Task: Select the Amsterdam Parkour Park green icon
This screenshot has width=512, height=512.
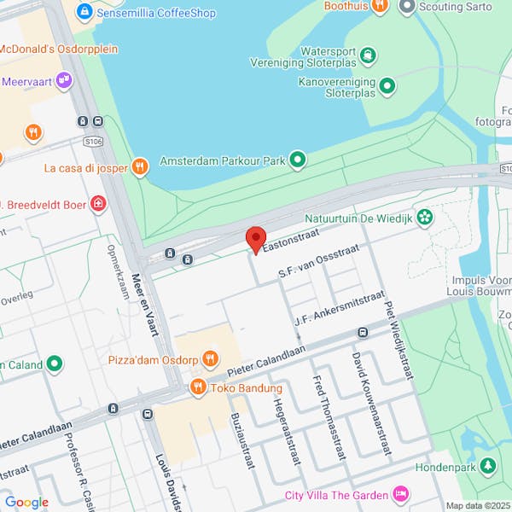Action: (297, 160)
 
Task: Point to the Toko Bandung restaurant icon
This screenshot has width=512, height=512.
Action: (198, 387)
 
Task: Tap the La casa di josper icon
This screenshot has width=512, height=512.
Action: (141, 167)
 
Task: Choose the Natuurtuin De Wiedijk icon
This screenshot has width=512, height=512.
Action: (424, 217)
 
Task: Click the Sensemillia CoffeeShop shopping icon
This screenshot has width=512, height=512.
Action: (84, 13)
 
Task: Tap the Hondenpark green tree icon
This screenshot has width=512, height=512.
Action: (487, 467)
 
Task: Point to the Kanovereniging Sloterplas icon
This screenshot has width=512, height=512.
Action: (387, 85)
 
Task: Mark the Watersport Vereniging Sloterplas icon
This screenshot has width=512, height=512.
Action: (368, 56)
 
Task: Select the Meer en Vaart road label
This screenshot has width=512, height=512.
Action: (141, 305)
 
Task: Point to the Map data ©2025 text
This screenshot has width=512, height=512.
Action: (476, 505)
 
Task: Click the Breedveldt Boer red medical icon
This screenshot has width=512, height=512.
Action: (99, 204)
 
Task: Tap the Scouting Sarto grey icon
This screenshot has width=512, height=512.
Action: (407, 7)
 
